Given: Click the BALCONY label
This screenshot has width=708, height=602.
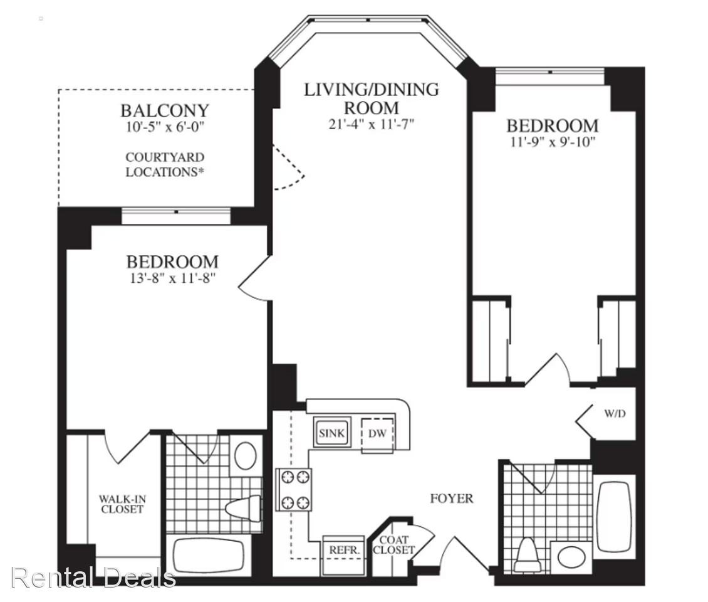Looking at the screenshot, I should coord(165,111).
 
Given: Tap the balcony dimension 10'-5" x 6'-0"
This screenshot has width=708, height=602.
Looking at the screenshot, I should coord(165,127).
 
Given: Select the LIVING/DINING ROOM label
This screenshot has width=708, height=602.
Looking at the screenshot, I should coord(371,98).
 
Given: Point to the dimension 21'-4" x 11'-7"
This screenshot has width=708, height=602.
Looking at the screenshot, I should coord(371,124).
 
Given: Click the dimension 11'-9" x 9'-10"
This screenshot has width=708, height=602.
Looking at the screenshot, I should coord(552,141).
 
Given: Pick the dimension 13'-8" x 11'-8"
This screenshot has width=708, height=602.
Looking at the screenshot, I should coord(172,278).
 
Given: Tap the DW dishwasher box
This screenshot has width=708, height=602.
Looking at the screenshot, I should coord(377,433).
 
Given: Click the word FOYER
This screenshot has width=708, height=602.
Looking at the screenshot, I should coord(451,499).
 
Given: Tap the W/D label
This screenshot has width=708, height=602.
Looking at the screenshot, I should coord(613,414).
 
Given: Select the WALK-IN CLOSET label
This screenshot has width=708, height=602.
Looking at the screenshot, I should coord(121,504).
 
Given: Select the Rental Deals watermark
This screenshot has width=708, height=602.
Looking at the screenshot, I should coord(94,577).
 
